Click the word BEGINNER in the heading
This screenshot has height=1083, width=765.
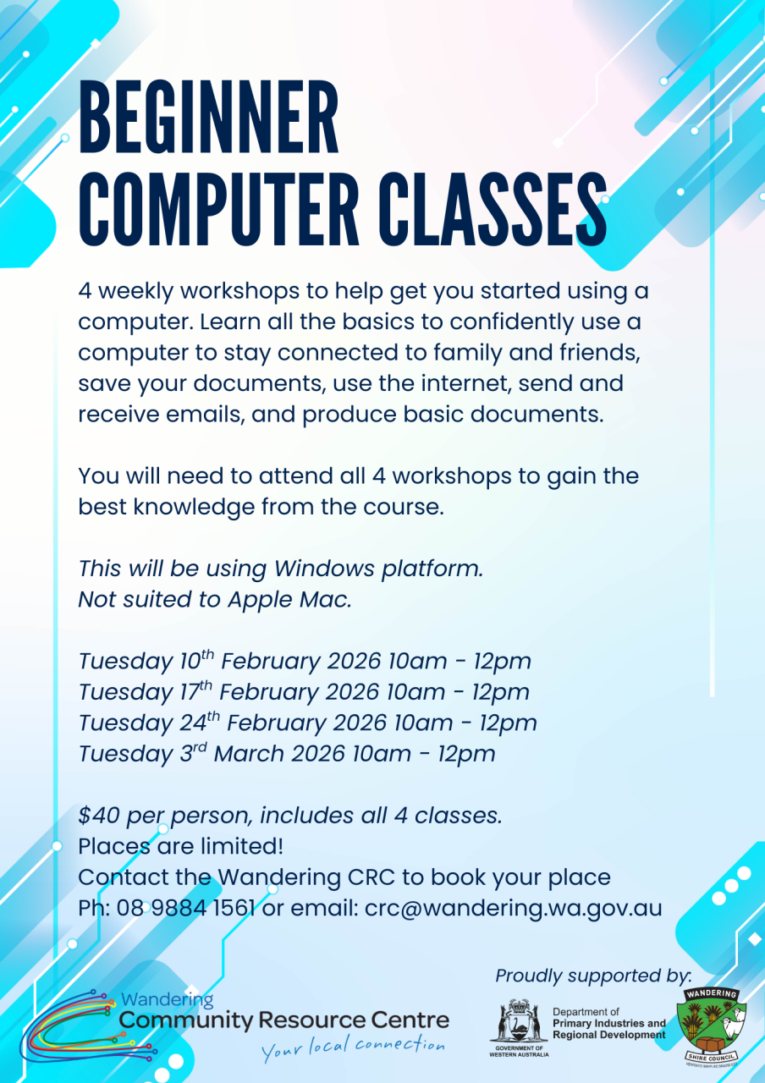pyautogui.click(x=208, y=117)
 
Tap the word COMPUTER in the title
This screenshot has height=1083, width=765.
pyautogui.click(x=218, y=209)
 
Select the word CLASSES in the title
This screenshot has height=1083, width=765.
pyautogui.click(x=493, y=209)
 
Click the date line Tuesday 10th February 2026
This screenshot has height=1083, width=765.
pyautogui.click(x=305, y=661)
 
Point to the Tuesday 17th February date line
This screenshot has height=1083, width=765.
pyautogui.click(x=304, y=691)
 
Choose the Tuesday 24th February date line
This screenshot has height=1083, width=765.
pyautogui.click(x=307, y=723)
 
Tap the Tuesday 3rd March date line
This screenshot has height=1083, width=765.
pyautogui.click(x=287, y=753)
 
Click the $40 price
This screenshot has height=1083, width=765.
pyautogui.click(x=99, y=815)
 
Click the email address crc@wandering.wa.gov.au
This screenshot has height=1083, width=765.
pyautogui.click(x=513, y=909)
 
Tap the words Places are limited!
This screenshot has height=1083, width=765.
pyautogui.click(x=180, y=846)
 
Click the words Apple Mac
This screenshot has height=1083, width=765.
pyautogui.click(x=289, y=600)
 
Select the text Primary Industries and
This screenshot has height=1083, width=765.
pyautogui.click(x=609, y=1024)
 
